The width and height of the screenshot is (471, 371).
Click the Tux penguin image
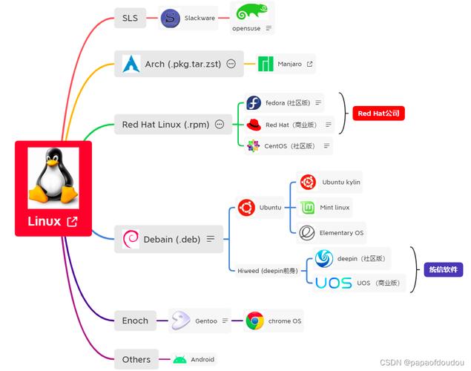click(x=53, y=177)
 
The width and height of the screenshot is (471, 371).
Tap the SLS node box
click(x=130, y=19)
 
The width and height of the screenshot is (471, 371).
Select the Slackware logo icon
click(x=171, y=19)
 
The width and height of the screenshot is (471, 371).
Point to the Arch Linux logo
click(x=131, y=64)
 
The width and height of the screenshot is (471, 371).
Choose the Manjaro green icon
click(x=266, y=65)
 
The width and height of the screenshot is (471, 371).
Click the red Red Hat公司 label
click(x=378, y=114)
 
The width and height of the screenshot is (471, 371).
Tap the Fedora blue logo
click(x=254, y=103)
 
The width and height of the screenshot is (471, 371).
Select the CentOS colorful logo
click(x=254, y=146)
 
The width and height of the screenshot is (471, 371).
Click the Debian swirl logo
click(x=131, y=239)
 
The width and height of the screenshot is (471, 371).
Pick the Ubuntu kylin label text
click(x=341, y=182)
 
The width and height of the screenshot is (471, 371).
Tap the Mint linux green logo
click(x=307, y=207)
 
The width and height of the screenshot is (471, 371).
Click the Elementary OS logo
click(x=307, y=233)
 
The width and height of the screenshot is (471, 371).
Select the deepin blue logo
click(x=324, y=258)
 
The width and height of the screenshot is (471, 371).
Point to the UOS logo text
click(x=333, y=283)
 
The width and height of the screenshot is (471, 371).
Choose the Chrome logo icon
click(x=255, y=321)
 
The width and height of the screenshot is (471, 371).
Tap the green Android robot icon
click(x=180, y=360)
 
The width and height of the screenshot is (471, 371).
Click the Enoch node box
click(x=135, y=321)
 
